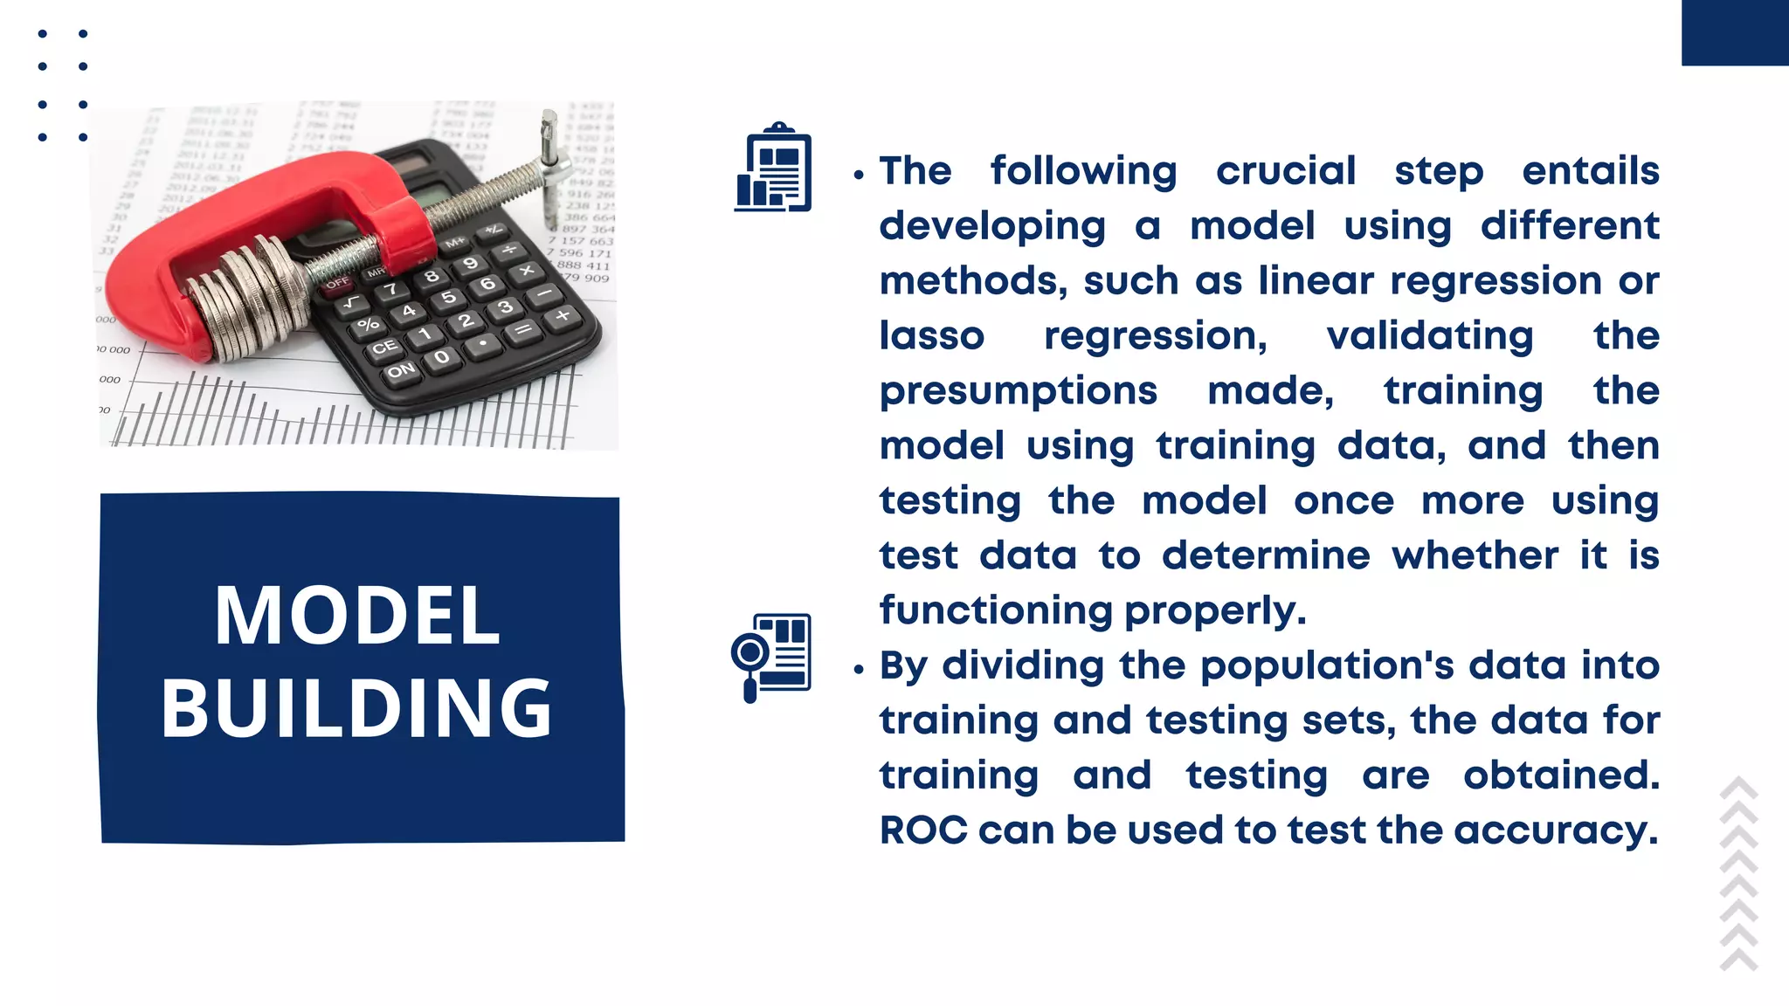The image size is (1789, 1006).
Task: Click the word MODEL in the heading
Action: pos(357,617)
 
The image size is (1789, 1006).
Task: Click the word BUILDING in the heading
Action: pos(357,708)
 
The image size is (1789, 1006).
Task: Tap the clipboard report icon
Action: pos(774,169)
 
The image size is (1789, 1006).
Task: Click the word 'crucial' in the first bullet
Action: pos(1286,171)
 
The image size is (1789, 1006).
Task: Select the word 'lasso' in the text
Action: pos(932,336)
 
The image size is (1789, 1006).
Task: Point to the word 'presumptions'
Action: pos(1019,391)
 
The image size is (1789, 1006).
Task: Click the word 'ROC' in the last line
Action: pos(923,830)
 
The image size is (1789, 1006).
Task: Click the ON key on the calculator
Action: pos(401,371)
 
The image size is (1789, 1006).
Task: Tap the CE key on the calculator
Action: pos(384,348)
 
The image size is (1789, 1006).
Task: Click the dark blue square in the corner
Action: pos(1734,32)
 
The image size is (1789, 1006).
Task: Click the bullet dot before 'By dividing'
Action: pos(859,670)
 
